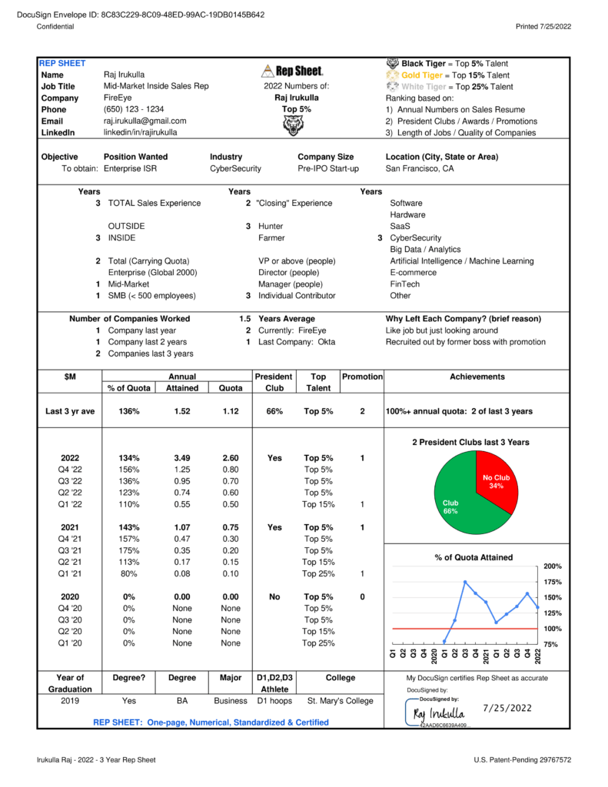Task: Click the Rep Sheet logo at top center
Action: tap(292, 71)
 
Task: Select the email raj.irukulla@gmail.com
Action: tap(145, 121)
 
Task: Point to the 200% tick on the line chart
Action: tap(553, 566)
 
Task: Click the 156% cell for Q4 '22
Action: tap(128, 470)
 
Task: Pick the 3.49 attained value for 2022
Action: tap(182, 458)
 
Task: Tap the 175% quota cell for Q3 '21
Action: tap(128, 550)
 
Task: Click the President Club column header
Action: tap(274, 382)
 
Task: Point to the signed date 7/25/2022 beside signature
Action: tap(507, 708)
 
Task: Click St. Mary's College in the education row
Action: tap(341, 700)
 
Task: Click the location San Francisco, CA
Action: tap(420, 168)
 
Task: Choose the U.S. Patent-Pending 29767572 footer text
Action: tap(523, 759)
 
